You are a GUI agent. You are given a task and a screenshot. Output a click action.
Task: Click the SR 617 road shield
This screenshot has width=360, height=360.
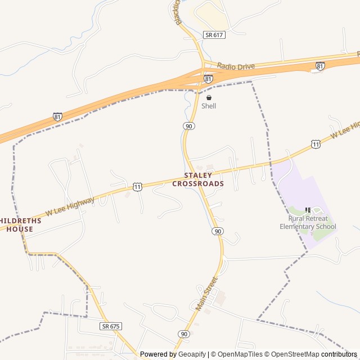coord(214,35)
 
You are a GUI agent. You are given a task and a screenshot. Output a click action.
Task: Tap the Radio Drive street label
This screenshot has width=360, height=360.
coord(236,66)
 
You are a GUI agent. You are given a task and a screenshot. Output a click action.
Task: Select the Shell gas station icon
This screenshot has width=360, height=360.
coord(209,97)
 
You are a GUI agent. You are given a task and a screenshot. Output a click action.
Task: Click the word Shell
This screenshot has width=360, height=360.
coord(209,106)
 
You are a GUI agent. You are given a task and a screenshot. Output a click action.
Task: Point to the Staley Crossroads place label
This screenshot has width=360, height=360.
coord(198,180)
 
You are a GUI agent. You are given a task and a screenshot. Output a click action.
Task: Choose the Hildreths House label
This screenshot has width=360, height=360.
coord(16,224)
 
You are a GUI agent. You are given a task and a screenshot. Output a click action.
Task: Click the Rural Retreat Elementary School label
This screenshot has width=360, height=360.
coord(308,222)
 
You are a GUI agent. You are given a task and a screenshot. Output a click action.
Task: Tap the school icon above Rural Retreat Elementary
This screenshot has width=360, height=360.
coord(308,210)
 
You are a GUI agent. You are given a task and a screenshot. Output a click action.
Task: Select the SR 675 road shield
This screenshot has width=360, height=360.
coord(111,326)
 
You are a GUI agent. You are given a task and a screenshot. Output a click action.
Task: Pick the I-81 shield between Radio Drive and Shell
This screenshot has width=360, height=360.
coord(208,79)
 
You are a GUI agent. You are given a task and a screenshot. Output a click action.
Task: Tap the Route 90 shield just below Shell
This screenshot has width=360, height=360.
coord(188,126)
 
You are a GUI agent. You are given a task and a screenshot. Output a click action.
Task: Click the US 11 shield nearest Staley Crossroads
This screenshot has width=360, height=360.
coord(137,186)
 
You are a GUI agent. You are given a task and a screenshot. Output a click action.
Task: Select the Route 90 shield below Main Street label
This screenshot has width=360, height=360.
coord(183,334)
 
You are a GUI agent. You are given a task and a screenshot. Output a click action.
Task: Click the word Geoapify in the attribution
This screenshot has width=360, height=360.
coord(192,354)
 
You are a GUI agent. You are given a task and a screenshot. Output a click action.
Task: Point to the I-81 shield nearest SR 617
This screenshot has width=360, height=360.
coord(320,66)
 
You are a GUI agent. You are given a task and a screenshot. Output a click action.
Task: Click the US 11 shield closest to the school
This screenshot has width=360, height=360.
coord(316,145)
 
